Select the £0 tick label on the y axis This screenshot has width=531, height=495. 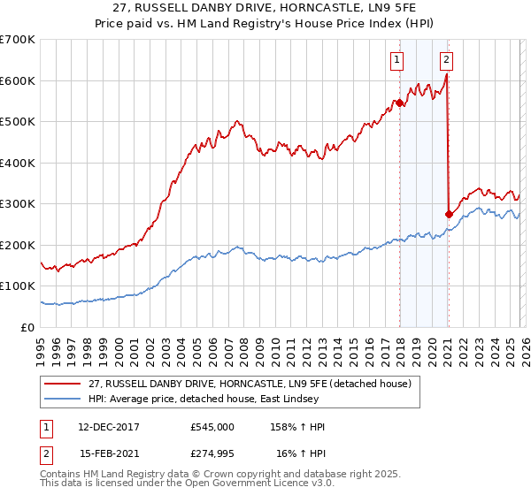click(27, 327)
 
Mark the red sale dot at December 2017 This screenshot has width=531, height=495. click(399, 103)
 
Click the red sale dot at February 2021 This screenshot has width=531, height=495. click(449, 214)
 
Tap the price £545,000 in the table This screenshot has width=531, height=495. click(212, 427)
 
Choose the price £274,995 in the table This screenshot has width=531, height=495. click(212, 453)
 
